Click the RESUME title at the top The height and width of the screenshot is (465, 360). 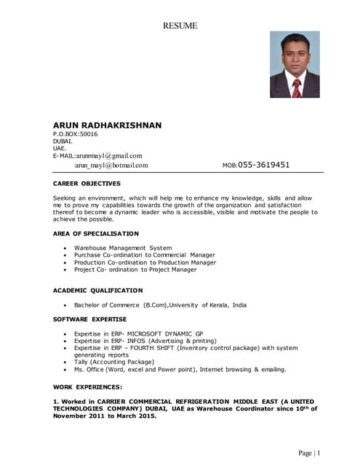point(180,26)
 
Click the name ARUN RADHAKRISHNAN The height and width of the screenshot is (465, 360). point(107,125)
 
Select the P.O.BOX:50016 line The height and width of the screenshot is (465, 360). point(75,134)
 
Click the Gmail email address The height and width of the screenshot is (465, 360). point(97,155)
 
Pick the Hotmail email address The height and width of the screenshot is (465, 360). point(111,165)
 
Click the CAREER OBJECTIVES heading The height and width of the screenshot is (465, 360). point(87,184)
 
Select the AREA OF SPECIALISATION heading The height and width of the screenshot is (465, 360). point(96,233)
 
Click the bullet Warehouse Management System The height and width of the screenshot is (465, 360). point(123,248)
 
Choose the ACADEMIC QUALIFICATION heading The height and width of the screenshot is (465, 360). point(98,290)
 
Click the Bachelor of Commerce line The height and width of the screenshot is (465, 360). point(160,305)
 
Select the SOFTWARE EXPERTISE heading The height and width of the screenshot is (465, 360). point(89,319)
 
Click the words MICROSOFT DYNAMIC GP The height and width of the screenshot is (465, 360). point(167,333)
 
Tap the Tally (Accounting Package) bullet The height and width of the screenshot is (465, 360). point(114,362)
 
